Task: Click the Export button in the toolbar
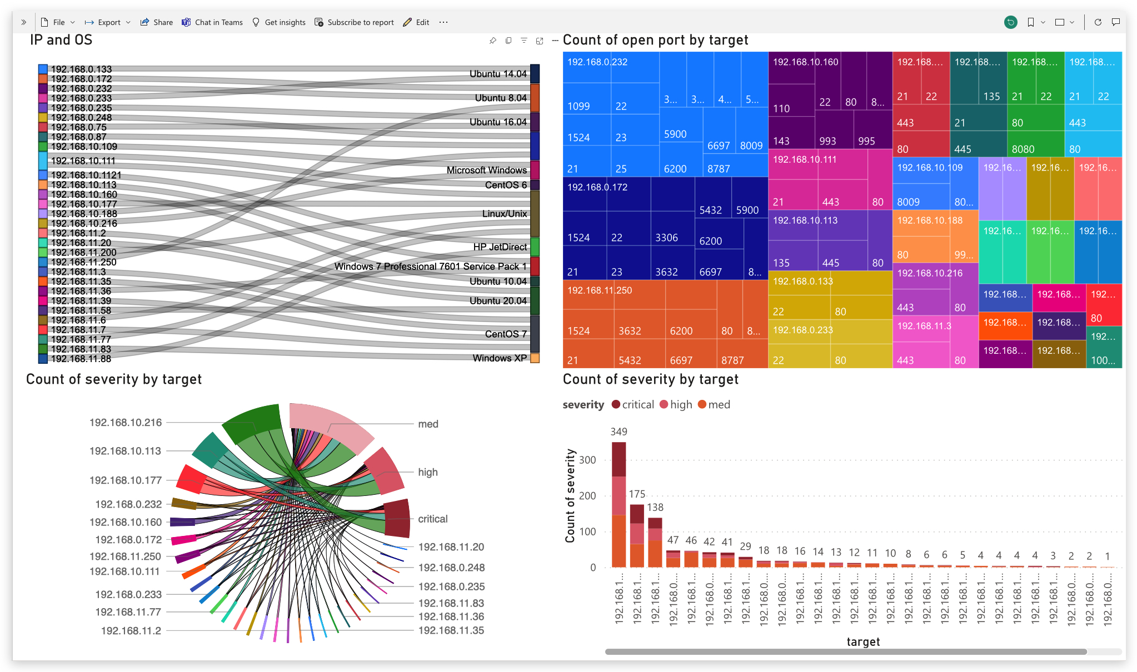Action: click(108, 22)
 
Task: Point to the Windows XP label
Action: click(500, 358)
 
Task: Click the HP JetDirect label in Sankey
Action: click(500, 247)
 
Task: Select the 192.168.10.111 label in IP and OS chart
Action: click(83, 161)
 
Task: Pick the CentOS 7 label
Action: click(505, 334)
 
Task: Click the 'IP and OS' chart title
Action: click(61, 40)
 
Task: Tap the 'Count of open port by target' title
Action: click(655, 40)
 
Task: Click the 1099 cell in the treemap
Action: click(579, 106)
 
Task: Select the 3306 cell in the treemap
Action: click(666, 238)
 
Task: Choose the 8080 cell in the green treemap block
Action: click(1023, 149)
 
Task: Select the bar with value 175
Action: click(637, 535)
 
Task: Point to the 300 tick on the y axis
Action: click(587, 460)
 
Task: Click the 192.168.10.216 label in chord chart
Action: click(126, 423)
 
